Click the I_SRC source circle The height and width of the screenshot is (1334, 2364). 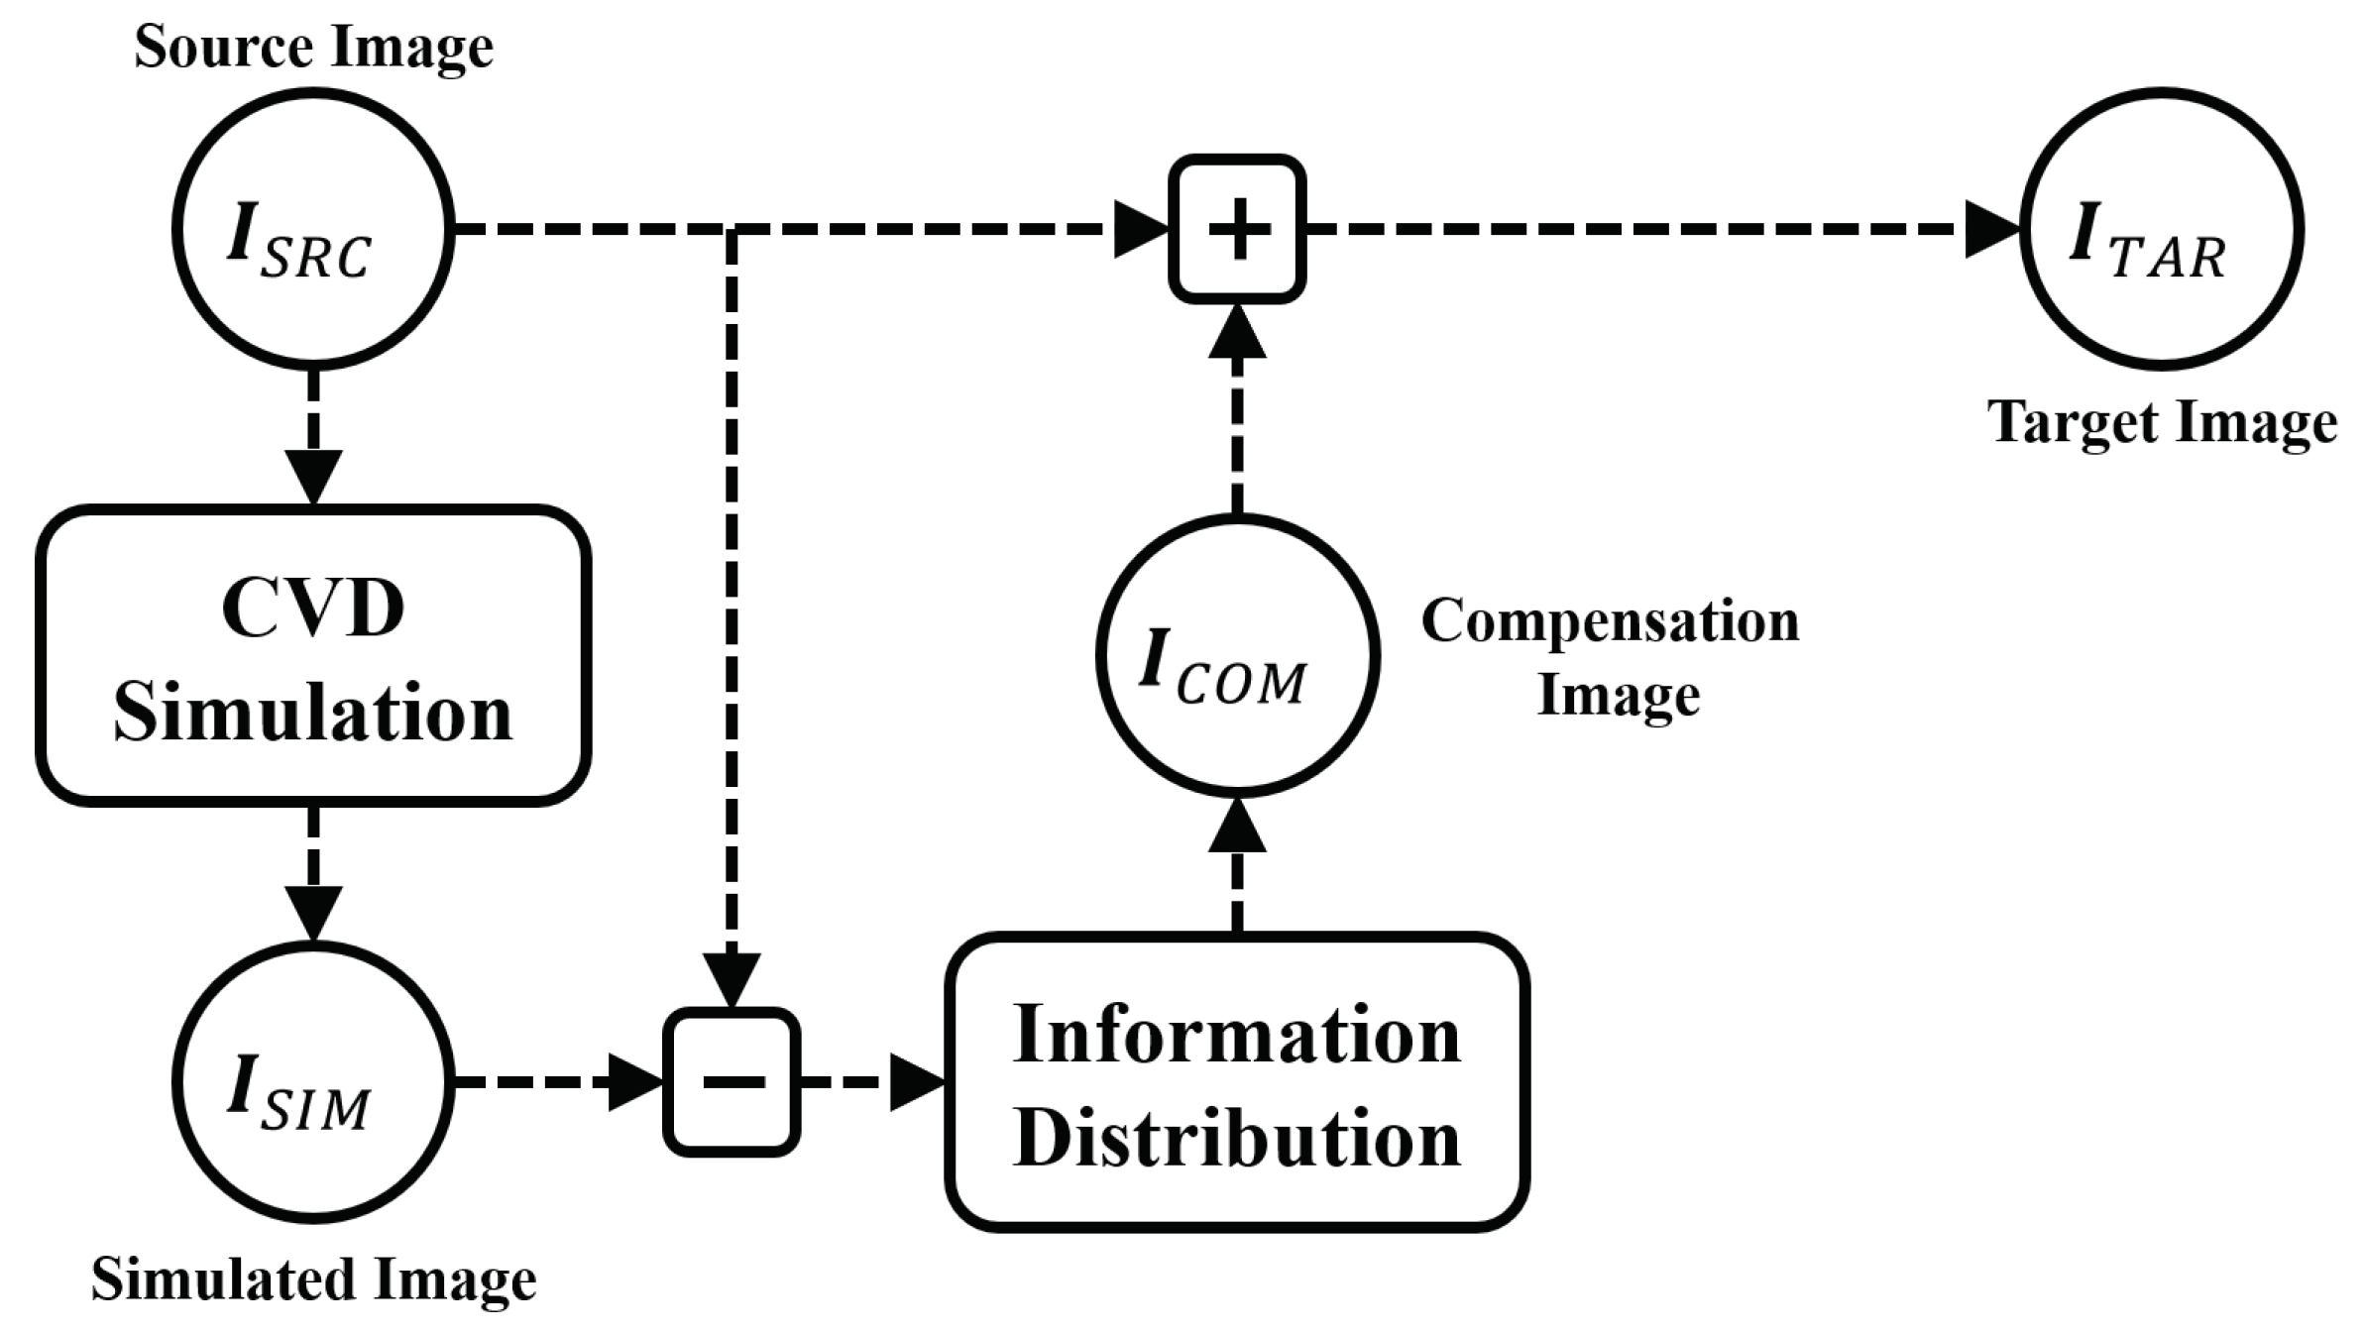point(313,229)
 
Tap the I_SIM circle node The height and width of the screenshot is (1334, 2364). point(313,1081)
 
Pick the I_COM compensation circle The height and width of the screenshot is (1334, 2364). point(1237,655)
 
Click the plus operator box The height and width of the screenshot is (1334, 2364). point(1237,229)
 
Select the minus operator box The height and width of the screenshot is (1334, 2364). point(732,1081)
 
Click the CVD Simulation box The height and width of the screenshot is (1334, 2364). point(313,655)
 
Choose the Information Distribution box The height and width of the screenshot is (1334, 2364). point(1237,1082)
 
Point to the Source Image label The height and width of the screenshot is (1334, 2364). point(313,47)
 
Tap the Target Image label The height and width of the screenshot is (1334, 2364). point(2162,424)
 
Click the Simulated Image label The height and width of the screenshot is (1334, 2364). point(313,1279)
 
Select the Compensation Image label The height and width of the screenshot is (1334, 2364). point(1611,657)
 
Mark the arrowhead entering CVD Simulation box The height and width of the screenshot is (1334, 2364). point(313,477)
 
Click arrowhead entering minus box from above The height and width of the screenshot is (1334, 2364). point(732,980)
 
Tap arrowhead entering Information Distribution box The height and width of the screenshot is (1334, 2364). point(917,1082)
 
